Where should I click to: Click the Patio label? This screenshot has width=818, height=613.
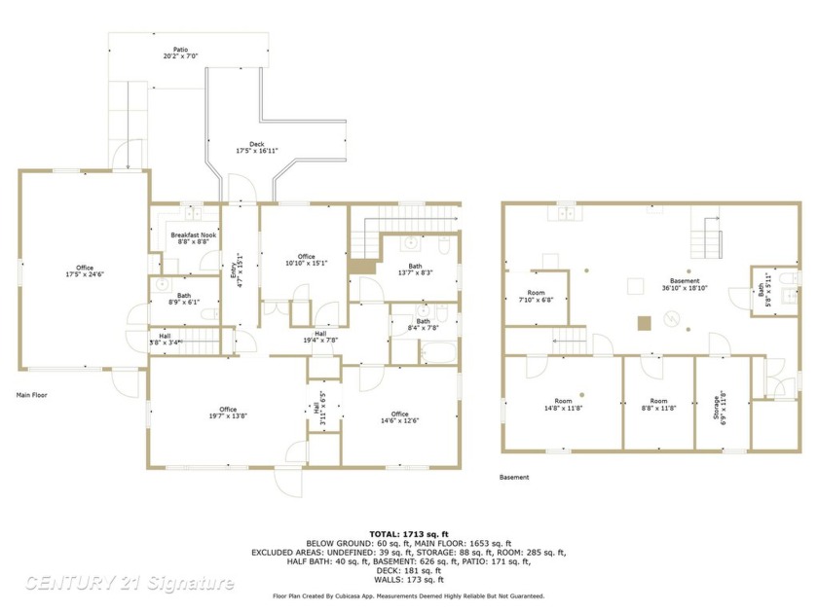[181, 53]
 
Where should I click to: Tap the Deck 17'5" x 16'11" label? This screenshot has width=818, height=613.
[257, 148]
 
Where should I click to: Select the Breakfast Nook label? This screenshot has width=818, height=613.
[194, 238]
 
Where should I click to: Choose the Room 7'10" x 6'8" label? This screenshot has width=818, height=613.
[537, 296]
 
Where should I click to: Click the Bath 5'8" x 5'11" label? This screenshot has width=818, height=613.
[762, 290]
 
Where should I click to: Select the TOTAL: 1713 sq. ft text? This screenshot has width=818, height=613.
[408, 534]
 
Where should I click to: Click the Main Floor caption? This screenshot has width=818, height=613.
[31, 395]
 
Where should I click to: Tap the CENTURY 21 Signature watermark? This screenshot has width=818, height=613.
[130, 583]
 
